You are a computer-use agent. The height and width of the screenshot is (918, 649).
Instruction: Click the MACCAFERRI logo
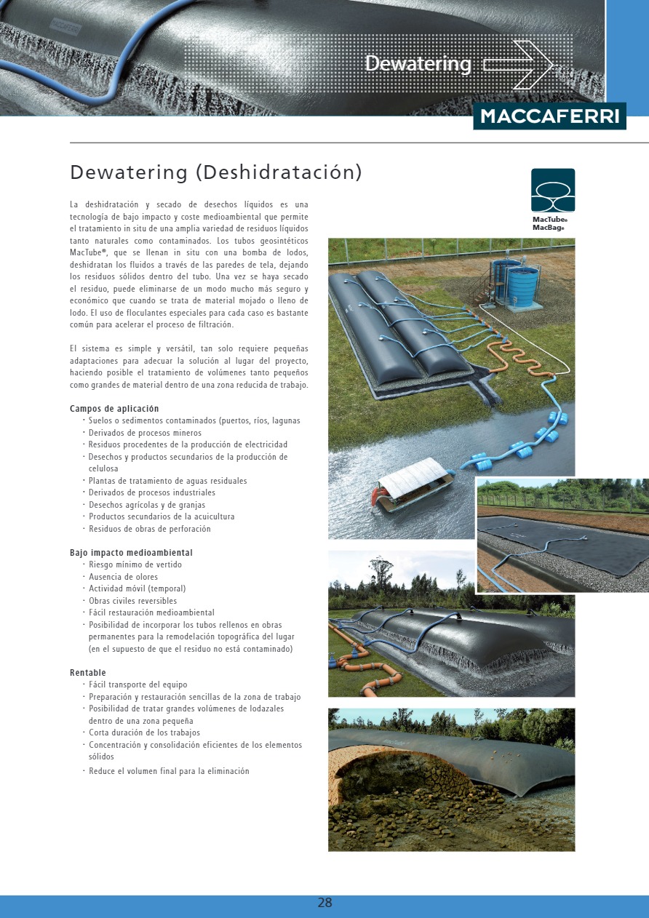pyautogui.click(x=549, y=116)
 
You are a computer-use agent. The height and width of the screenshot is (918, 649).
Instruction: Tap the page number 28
pyautogui.click(x=324, y=903)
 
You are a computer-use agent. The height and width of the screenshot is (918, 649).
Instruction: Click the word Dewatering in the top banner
pyautogui.click(x=418, y=64)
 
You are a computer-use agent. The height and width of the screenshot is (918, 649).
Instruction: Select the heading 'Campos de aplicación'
pyautogui.click(x=114, y=409)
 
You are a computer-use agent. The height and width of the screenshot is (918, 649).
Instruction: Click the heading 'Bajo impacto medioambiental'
pyautogui.click(x=131, y=553)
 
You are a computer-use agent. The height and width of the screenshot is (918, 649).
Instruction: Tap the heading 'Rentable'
pyautogui.click(x=88, y=673)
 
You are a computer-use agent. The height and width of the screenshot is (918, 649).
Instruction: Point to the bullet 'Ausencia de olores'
pyautogui.click(x=123, y=577)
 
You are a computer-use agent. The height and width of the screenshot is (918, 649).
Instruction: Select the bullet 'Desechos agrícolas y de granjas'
pyautogui.click(x=147, y=505)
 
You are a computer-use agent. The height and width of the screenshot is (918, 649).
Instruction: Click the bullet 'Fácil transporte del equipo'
pyautogui.click(x=138, y=684)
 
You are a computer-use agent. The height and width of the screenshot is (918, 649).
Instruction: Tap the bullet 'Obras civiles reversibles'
pyautogui.click(x=132, y=601)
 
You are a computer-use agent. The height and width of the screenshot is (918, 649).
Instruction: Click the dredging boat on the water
pyautogui.click(x=411, y=487)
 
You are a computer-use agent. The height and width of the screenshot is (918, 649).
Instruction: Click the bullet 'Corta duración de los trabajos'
pyautogui.click(x=144, y=733)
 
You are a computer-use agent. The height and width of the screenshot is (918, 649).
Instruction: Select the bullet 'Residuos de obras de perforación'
pyautogui.click(x=149, y=529)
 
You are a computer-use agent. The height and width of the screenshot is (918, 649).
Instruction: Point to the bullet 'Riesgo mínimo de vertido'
pyautogui.click(x=135, y=564)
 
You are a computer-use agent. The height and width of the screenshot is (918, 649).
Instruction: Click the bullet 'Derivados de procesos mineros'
pyautogui.click(x=145, y=433)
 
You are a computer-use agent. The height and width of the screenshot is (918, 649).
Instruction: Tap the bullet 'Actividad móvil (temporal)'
pyautogui.click(x=137, y=588)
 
